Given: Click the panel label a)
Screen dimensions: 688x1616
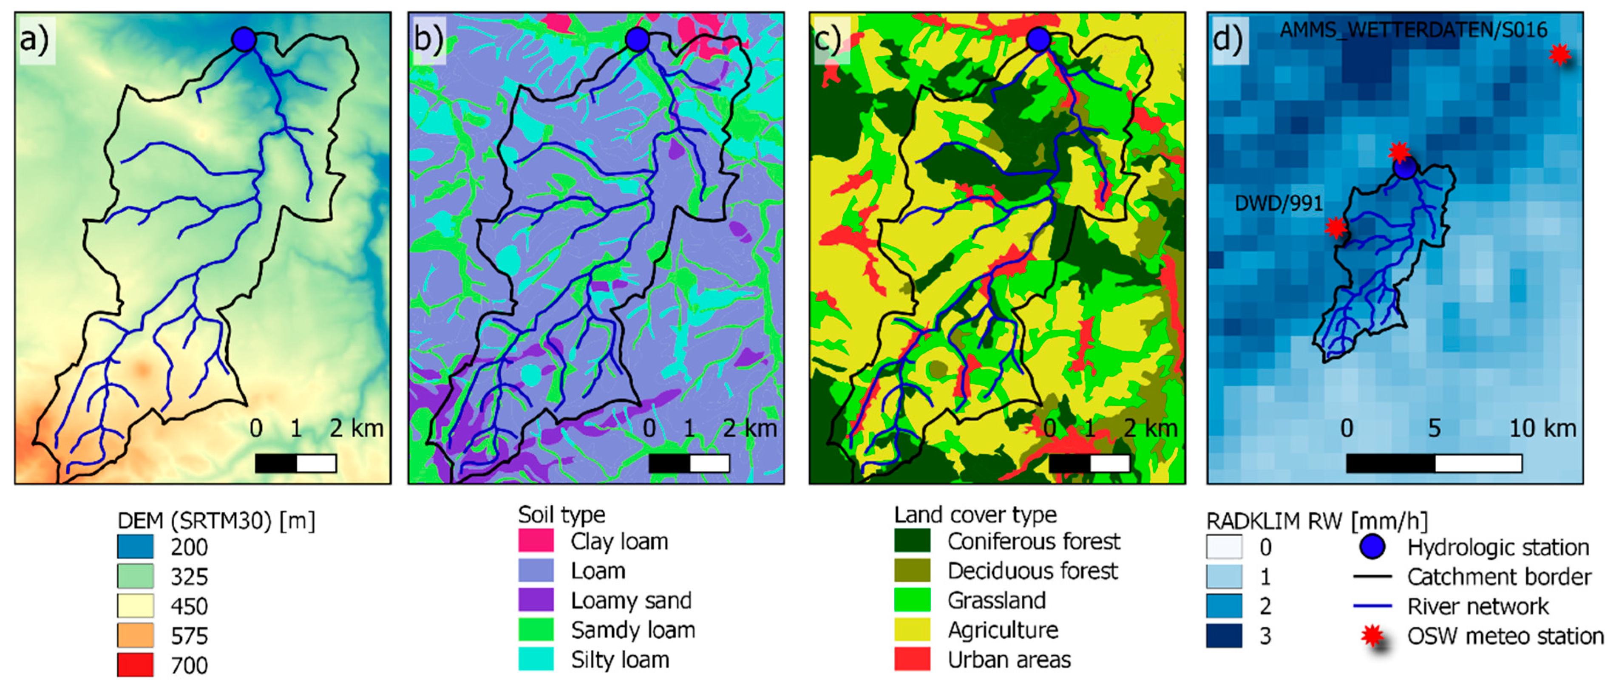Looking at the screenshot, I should (34, 40).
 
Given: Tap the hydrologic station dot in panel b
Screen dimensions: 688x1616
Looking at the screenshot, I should (637, 39).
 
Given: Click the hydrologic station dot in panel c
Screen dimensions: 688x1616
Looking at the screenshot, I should (1038, 39).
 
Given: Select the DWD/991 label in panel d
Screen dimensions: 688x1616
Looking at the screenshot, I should (1279, 203).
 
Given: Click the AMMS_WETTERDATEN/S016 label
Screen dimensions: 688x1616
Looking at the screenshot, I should (1413, 29).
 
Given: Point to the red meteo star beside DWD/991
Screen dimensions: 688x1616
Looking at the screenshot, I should (1335, 227).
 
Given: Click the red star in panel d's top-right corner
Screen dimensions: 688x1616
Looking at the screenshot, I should (1559, 54).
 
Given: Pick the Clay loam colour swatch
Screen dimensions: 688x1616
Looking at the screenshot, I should (536, 541).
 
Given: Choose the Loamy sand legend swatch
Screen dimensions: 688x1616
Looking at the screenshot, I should (536, 600).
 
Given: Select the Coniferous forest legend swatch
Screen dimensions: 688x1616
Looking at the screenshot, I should (912, 541).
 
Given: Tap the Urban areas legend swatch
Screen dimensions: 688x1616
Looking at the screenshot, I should (912, 659).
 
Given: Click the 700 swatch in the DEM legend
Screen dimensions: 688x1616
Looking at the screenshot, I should (135, 665).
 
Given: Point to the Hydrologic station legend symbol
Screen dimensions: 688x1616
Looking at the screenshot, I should (1372, 547).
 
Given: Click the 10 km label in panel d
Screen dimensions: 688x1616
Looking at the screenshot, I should (1542, 428).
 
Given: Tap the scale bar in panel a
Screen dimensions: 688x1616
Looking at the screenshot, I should (295, 464).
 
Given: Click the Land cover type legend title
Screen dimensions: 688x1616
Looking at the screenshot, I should (975, 515).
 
